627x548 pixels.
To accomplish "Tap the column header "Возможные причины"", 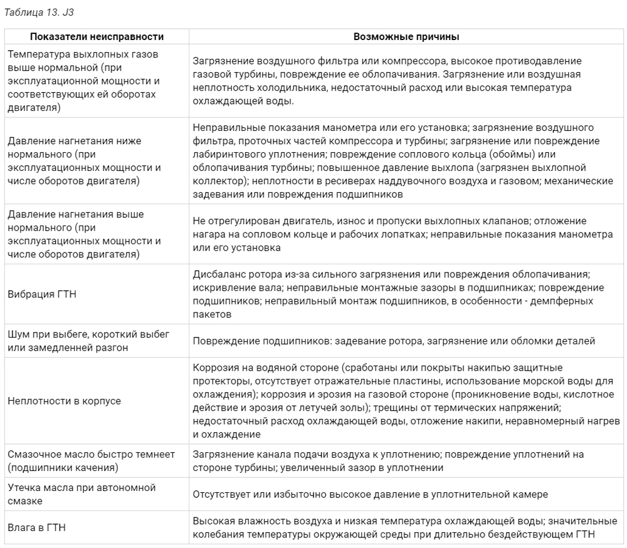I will pos(406,37).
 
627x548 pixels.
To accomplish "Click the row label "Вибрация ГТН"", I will pos(42,294).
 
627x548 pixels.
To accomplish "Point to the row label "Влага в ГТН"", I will pos(37,527).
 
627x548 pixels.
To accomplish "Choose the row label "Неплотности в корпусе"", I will pos(65,401).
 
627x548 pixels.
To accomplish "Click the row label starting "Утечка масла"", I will pos(82,494).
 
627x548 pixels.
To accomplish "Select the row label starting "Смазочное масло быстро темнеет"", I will pos(91,461).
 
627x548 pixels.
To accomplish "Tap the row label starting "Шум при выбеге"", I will pos(88,341).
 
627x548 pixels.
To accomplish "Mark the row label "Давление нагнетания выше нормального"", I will pos(84,234).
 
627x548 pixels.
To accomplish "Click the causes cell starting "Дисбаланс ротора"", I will pos(398,294).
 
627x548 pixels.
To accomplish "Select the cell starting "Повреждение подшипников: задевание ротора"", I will pos(394,341).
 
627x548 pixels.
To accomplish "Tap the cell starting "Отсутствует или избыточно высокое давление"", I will pos(370,494).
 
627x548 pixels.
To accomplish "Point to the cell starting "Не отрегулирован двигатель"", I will pos(402,234).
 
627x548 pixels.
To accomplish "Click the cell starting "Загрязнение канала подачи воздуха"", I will pos(388,461).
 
